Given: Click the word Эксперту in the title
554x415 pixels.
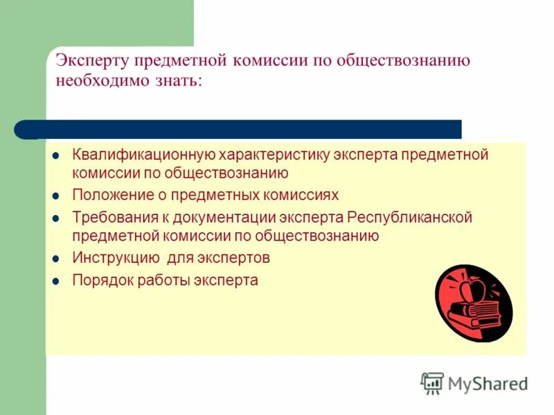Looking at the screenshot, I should (x=92, y=60).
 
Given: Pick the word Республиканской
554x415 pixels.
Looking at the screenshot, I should (x=409, y=217).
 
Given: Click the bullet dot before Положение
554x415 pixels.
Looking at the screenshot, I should (x=57, y=196).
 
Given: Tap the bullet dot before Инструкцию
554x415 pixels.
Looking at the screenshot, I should (x=57, y=259).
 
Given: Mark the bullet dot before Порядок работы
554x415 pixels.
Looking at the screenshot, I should (x=57, y=282).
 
